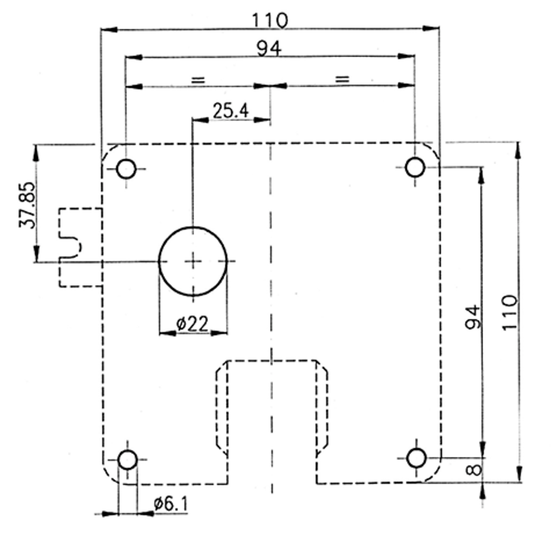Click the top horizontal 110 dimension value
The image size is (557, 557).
click(x=270, y=20)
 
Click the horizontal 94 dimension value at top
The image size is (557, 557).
click(x=269, y=48)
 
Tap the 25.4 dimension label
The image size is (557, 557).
click(x=231, y=110)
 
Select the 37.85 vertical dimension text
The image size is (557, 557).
click(x=27, y=205)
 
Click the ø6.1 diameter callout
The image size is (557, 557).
click(x=170, y=504)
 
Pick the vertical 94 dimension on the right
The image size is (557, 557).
click(x=473, y=317)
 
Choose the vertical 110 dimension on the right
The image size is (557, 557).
click(x=510, y=312)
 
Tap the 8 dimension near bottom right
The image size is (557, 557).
click(x=473, y=470)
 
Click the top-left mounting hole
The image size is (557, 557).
click(x=126, y=169)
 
